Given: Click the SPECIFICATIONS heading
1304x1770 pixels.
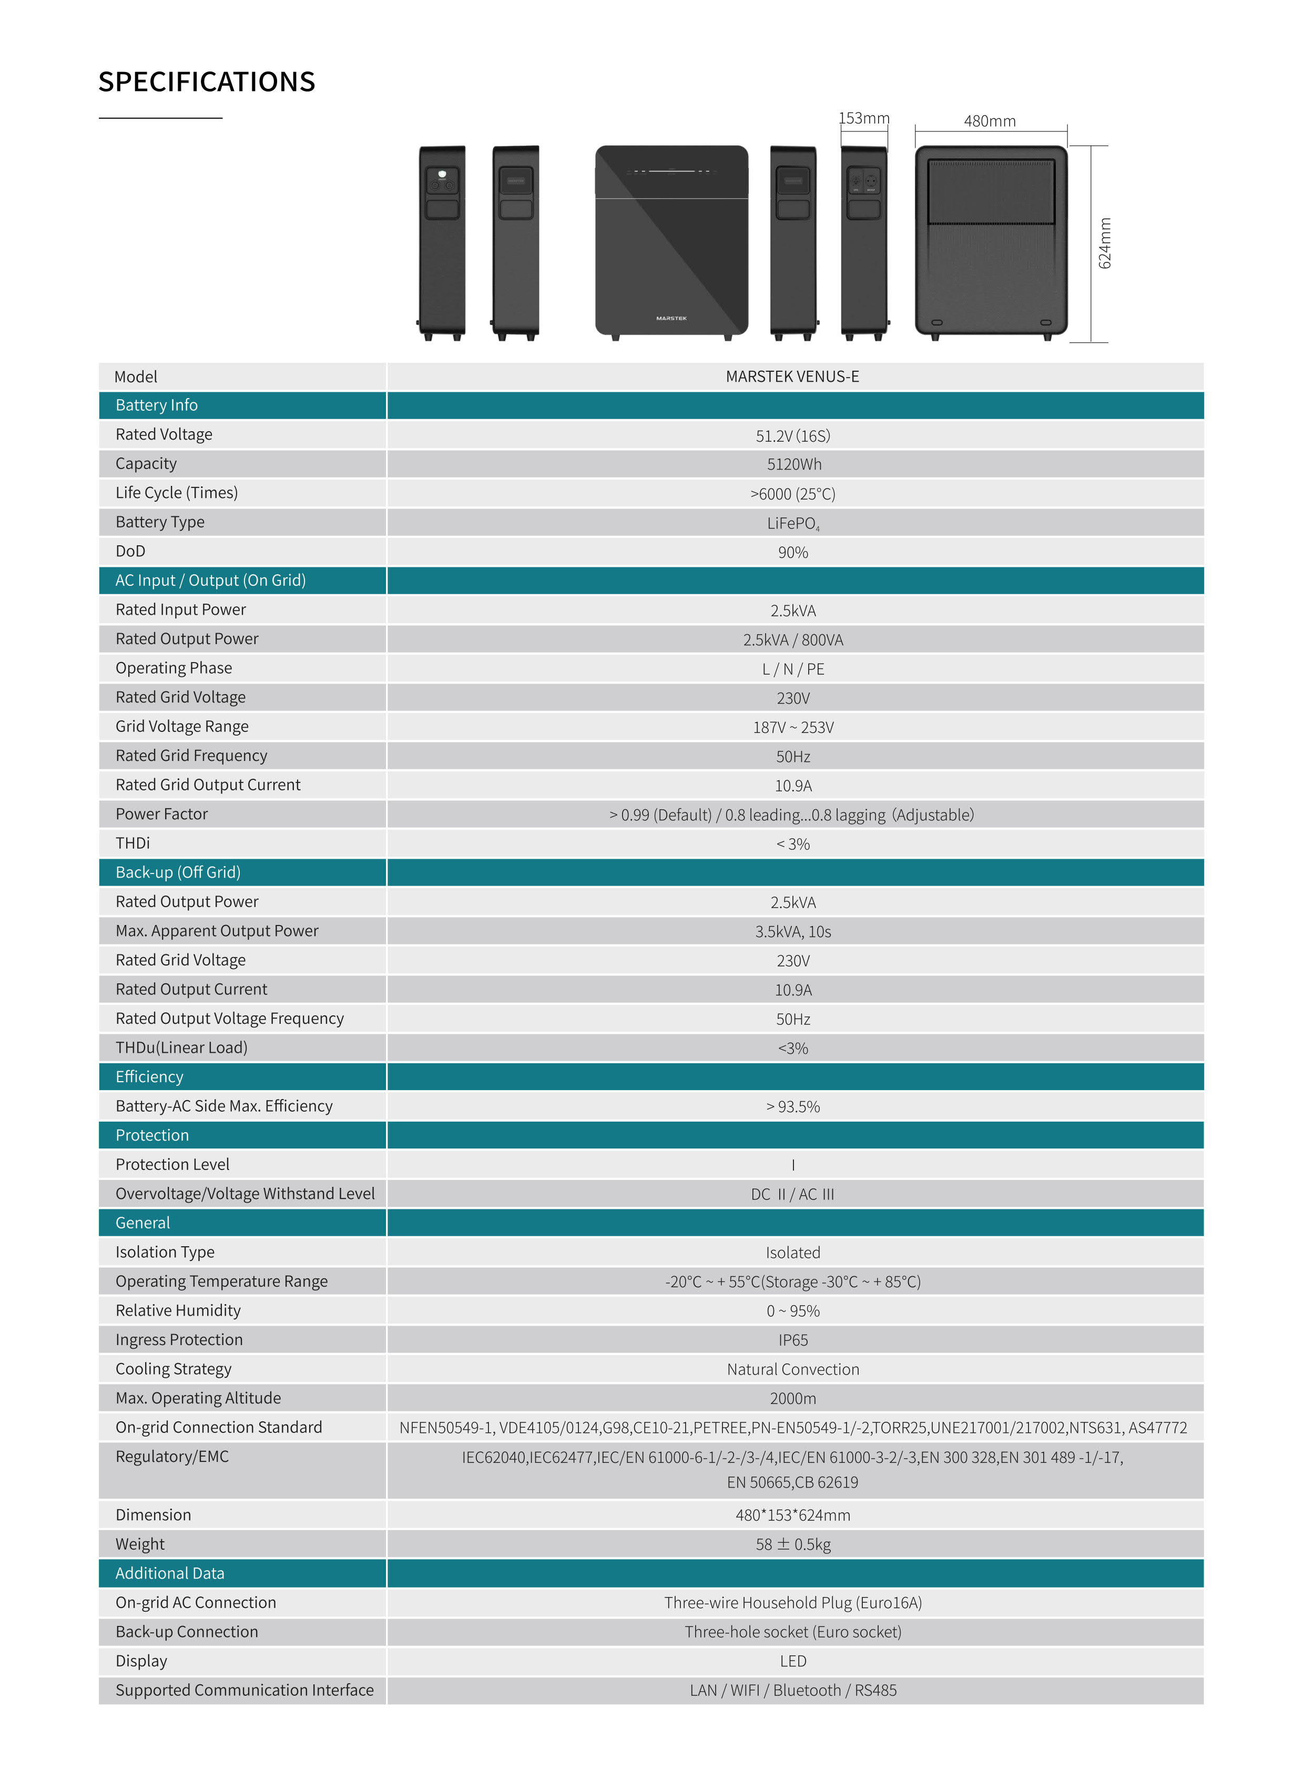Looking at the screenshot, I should (206, 82).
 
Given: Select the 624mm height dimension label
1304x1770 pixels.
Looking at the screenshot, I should (1105, 243).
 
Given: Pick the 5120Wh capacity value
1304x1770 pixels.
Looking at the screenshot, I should (793, 464).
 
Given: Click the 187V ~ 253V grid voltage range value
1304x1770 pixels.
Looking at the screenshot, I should (793, 727).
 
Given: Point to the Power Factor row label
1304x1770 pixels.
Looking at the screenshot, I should (162, 814).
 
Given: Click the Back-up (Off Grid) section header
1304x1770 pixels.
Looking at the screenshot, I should (178, 872).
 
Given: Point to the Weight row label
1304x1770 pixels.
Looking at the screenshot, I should (140, 1544).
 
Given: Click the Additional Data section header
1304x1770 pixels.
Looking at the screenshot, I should (170, 1573).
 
